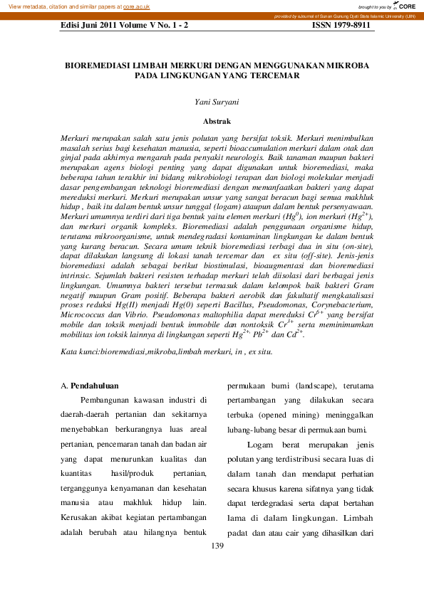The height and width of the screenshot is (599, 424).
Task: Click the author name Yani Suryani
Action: [217, 102]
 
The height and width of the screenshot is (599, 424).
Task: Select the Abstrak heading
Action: [217, 122]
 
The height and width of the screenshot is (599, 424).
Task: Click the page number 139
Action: [217, 546]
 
